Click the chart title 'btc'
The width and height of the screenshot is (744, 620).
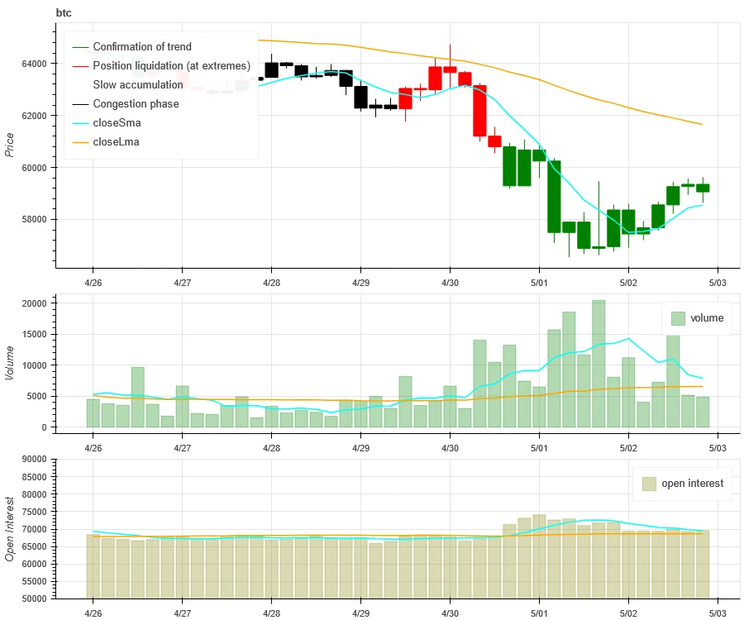click(63, 12)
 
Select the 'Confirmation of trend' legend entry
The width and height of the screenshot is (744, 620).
click(141, 47)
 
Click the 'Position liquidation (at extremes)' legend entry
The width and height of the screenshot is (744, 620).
click(171, 66)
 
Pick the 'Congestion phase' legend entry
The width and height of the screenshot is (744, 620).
click(136, 104)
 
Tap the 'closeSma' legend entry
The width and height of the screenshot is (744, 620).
click(117, 123)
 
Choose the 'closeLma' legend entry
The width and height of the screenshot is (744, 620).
click(117, 142)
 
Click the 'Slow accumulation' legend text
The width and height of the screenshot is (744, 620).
click(138, 85)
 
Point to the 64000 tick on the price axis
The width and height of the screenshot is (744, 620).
click(35, 64)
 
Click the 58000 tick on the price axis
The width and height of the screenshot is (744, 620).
click(35, 220)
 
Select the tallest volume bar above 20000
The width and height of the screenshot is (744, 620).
click(599, 364)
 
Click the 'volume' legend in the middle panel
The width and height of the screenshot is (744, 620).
click(697, 318)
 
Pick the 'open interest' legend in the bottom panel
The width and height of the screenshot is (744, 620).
click(683, 484)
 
